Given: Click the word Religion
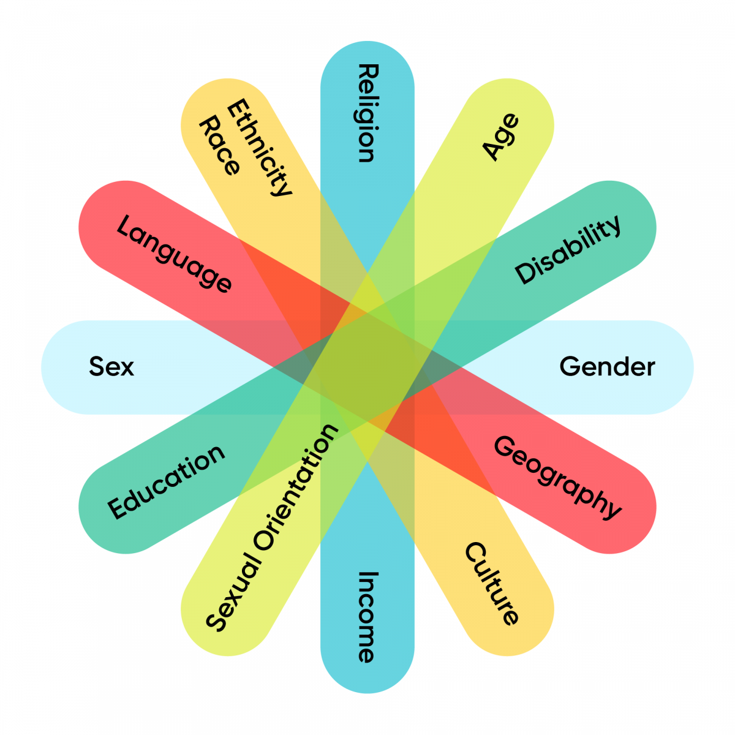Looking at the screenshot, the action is [x=369, y=113].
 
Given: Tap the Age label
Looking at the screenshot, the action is [x=500, y=137].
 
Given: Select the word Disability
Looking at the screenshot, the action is [x=568, y=250].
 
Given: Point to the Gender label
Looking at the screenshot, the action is [x=607, y=366].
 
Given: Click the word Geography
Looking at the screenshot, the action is [x=557, y=478].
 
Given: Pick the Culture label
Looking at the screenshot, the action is [x=492, y=584].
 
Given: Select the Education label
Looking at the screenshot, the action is [x=166, y=482].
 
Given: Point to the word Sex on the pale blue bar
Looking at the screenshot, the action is [x=111, y=366].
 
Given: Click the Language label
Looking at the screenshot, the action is [x=174, y=253].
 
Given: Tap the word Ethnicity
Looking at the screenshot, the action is [x=259, y=148].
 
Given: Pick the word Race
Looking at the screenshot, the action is [x=220, y=145].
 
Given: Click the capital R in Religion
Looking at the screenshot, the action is [x=369, y=72].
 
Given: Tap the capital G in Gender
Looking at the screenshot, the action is [x=570, y=366].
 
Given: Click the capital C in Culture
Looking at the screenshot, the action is [x=475, y=552].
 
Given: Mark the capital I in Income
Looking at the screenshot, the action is [x=368, y=574].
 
